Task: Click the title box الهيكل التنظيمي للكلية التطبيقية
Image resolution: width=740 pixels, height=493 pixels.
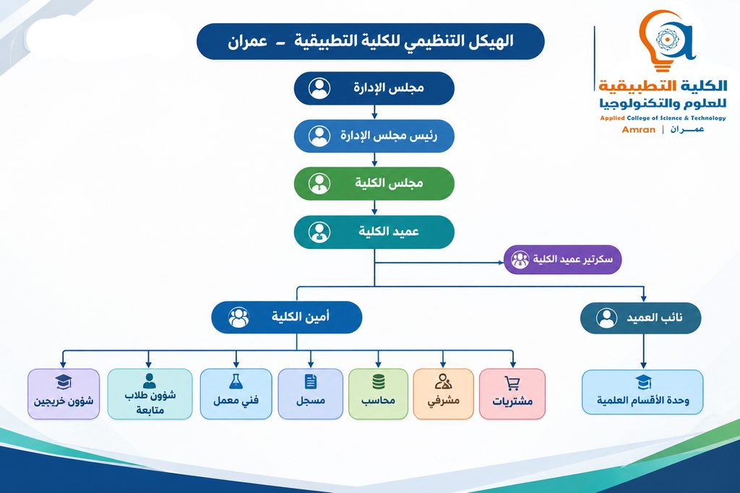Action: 371,41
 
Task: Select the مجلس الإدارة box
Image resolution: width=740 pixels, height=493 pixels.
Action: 374,88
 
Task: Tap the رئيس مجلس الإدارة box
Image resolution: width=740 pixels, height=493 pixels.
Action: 374,136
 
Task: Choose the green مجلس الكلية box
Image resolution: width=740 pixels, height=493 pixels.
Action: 374,183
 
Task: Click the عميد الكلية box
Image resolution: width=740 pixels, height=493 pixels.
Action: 374,232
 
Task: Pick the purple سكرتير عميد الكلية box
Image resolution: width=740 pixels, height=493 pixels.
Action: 562,259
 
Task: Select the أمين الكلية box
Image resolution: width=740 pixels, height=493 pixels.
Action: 286,317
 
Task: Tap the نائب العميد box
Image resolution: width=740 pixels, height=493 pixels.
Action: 640,318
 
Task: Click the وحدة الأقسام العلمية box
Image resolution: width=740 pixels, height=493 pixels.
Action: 642,392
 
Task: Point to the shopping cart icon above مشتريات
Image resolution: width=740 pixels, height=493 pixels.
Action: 512,383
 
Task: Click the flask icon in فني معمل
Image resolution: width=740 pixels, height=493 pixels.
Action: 236,381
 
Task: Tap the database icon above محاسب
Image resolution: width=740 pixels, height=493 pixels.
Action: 379,382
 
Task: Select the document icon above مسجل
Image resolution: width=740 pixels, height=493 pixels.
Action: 311,381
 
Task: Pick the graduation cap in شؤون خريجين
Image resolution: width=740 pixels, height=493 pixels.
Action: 64,382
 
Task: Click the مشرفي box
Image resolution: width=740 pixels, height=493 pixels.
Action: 443,394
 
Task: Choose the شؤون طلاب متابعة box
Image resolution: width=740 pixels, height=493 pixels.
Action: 150,394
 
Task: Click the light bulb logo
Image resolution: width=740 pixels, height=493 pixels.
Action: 666,40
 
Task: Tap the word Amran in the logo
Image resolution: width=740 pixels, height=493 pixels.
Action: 639,130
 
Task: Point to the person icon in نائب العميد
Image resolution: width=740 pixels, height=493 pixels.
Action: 606,318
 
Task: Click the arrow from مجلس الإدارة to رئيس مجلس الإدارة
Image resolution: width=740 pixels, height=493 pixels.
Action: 374,112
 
